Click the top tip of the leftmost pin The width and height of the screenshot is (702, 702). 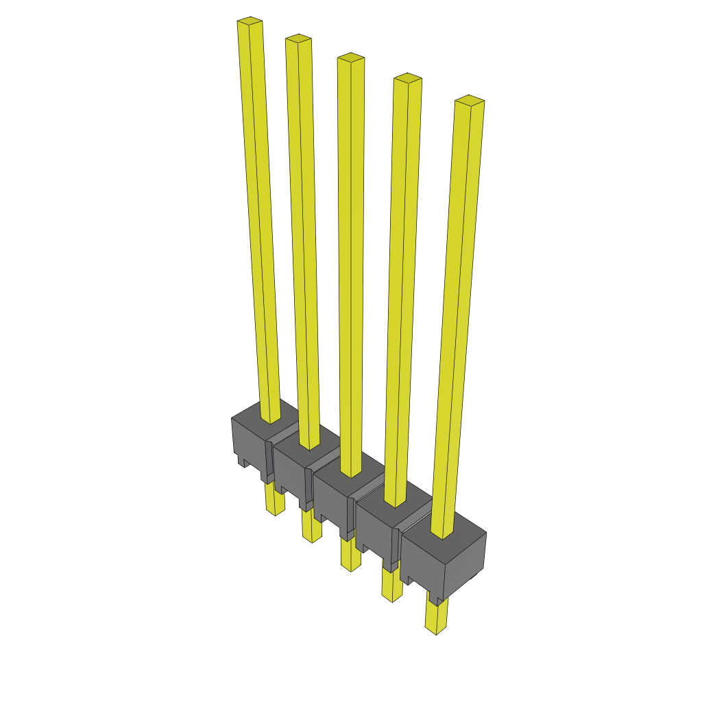click(250, 23)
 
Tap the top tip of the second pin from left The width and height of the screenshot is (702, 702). click(298, 38)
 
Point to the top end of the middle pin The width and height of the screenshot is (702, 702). click(350, 58)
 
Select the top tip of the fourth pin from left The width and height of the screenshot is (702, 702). click(407, 78)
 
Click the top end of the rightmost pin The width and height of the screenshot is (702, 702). click(470, 101)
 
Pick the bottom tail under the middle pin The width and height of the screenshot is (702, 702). click(350, 555)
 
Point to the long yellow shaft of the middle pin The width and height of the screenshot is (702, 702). click(350, 267)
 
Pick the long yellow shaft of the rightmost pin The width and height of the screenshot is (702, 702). click(457, 315)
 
